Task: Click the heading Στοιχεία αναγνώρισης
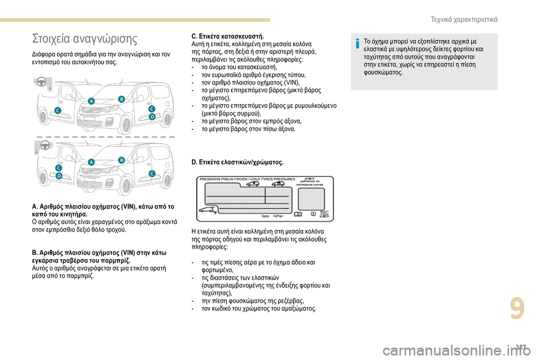click(x=84, y=39)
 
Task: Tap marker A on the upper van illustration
click(x=91, y=101)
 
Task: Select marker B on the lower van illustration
click(x=121, y=160)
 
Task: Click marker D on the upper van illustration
click(x=151, y=116)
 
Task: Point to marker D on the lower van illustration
click(x=59, y=175)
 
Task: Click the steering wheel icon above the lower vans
click(x=45, y=145)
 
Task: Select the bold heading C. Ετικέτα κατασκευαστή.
click(x=224, y=36)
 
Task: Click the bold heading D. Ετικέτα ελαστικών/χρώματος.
click(x=237, y=162)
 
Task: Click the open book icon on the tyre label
click(x=298, y=214)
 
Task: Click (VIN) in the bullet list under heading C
click(x=292, y=82)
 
